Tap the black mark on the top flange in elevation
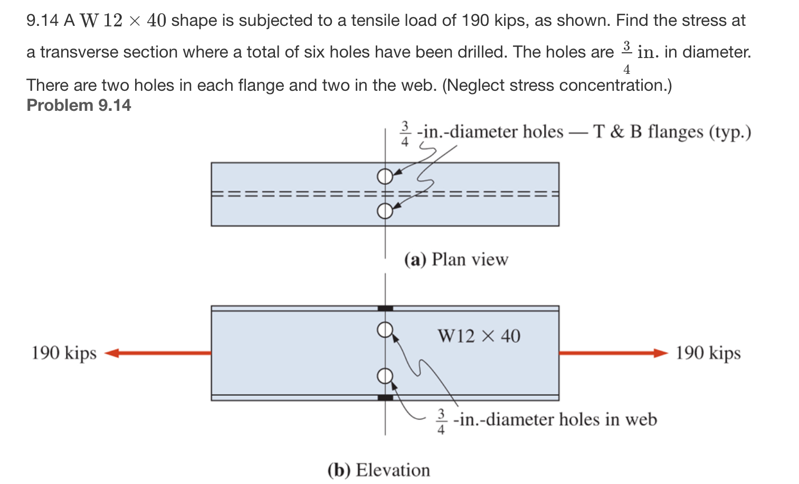(x=385, y=309)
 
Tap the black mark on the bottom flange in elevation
(x=385, y=397)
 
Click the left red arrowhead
(x=112, y=353)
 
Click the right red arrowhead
(x=661, y=353)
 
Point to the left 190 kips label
(x=64, y=353)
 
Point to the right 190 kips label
(x=708, y=353)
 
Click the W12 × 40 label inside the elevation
(x=479, y=336)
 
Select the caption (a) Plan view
(x=456, y=259)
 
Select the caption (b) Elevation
(x=379, y=470)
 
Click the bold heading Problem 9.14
(x=79, y=105)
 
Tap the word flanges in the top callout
(x=676, y=132)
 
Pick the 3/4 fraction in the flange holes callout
(x=404, y=134)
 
